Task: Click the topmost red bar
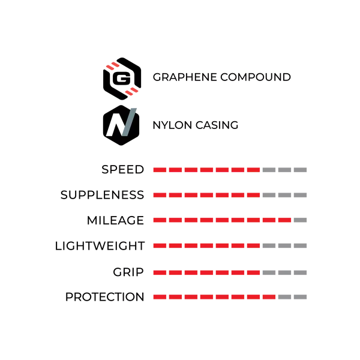coord(206,169)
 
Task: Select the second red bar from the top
coord(206,194)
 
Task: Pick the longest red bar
coord(221,221)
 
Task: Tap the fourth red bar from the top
coord(206,245)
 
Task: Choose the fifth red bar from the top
coord(206,273)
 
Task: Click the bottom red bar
coord(214,297)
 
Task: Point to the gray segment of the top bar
coord(286,169)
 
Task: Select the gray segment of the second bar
coord(286,194)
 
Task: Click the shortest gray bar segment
coord(302,221)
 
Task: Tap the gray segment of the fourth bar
coord(287,245)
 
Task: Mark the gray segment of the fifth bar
coord(287,273)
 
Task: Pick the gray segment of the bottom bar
coord(295,297)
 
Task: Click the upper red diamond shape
coord(112,66)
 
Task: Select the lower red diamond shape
coord(131,91)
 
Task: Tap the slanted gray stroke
coord(129,121)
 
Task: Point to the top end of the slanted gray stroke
coord(134,108)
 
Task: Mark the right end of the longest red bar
coord(292,221)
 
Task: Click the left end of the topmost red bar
coord(152,169)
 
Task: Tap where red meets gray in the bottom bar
coord(277,297)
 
